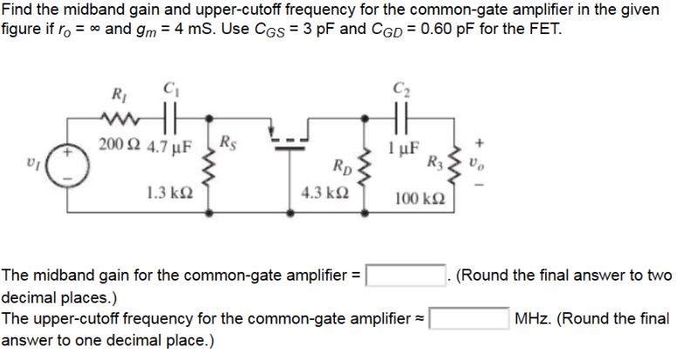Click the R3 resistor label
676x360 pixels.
click(x=433, y=161)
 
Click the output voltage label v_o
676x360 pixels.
click(x=475, y=162)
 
